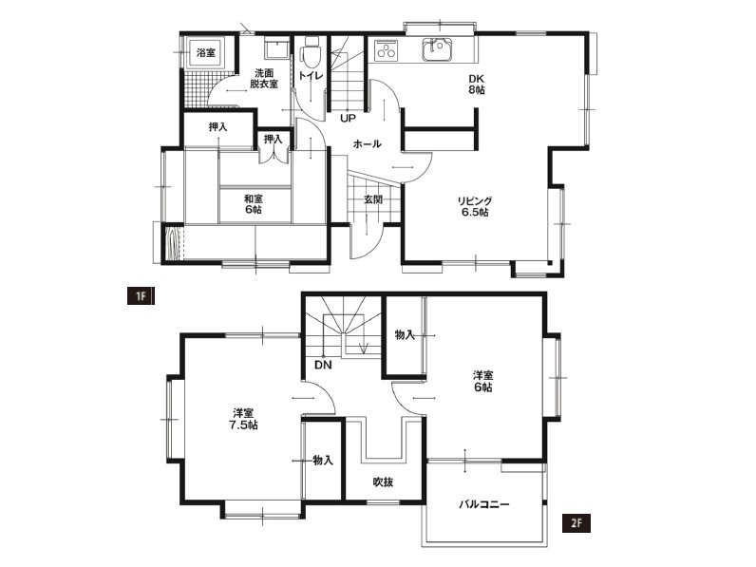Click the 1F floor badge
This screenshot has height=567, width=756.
pyautogui.click(x=141, y=295)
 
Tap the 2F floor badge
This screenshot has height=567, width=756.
pyautogui.click(x=576, y=522)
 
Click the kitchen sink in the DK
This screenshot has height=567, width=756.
pyautogui.click(x=438, y=49)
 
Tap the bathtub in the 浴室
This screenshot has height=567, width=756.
pyautogui.click(x=206, y=52)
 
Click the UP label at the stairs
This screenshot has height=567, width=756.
pyautogui.click(x=348, y=118)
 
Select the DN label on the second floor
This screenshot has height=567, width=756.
pyautogui.click(x=323, y=365)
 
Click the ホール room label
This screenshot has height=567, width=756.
pyautogui.click(x=368, y=143)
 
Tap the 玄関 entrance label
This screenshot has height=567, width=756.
pyautogui.click(x=372, y=199)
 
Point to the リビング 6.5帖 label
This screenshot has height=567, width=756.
pyautogui.click(x=475, y=206)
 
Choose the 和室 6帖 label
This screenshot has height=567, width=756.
pyautogui.click(x=254, y=204)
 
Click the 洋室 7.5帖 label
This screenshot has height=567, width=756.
pyautogui.click(x=245, y=419)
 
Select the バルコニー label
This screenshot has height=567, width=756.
pyautogui.click(x=483, y=504)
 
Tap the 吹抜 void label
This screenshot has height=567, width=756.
pyautogui.click(x=383, y=482)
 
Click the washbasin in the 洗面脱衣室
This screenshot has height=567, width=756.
pyautogui.click(x=276, y=48)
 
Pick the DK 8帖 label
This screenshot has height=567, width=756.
pyautogui.click(x=477, y=84)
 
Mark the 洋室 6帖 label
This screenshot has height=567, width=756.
pyautogui.click(x=482, y=381)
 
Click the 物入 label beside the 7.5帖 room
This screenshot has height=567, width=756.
pyautogui.click(x=323, y=461)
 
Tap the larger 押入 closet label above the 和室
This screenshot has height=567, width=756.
pyautogui.click(x=217, y=127)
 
